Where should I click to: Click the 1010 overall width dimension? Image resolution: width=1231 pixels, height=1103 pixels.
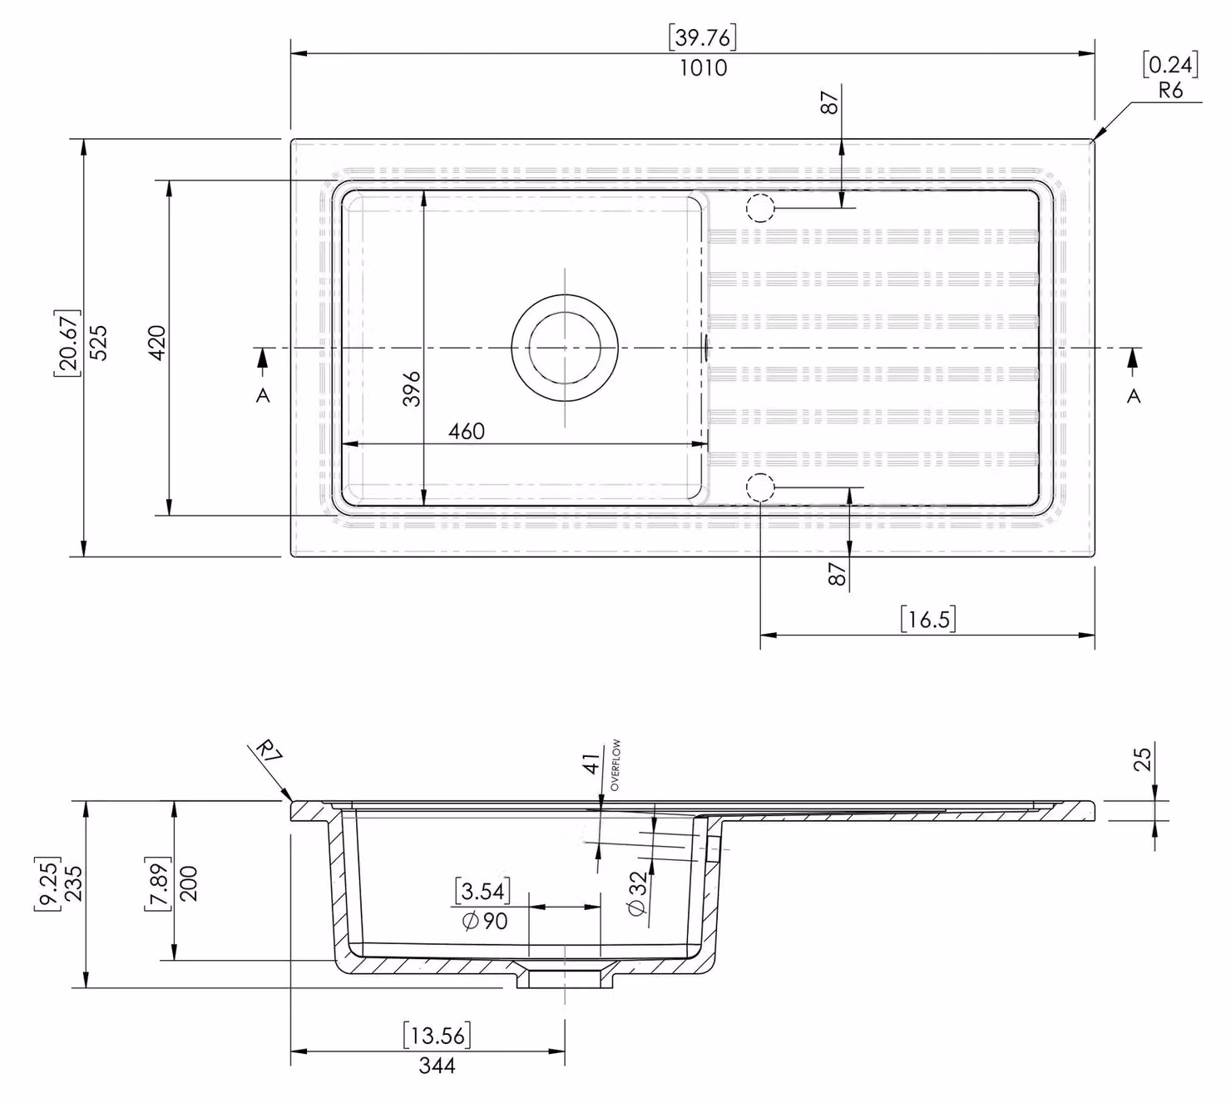pyautogui.click(x=703, y=67)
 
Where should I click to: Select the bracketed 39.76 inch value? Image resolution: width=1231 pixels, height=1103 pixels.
pyautogui.click(x=702, y=37)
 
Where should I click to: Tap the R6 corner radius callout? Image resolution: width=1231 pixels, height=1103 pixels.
pyautogui.click(x=1170, y=91)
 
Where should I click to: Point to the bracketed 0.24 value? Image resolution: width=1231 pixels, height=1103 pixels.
pyautogui.click(x=1170, y=64)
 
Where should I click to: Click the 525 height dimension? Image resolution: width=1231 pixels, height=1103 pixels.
pyautogui.click(x=98, y=343)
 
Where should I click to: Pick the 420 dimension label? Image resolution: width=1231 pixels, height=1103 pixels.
pyautogui.click(x=156, y=343)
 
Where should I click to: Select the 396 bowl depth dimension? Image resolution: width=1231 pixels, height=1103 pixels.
pyautogui.click(x=412, y=388)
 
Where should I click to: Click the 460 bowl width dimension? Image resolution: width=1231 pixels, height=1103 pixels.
pyautogui.click(x=467, y=432)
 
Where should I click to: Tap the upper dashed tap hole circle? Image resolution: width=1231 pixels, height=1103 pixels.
pyautogui.click(x=760, y=195)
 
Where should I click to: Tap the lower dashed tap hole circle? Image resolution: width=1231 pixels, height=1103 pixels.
pyautogui.click(x=760, y=474)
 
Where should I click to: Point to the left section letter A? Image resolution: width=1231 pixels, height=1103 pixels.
pyautogui.click(x=263, y=396)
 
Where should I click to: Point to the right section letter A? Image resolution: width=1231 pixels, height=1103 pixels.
pyautogui.click(x=1133, y=396)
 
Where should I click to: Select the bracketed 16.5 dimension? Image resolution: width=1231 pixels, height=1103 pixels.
pyautogui.click(x=927, y=619)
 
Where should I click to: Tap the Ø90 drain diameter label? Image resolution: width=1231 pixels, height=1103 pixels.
pyautogui.click(x=484, y=922)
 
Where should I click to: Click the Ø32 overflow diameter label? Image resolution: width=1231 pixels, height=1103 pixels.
pyautogui.click(x=636, y=893)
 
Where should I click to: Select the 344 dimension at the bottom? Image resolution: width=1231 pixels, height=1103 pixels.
pyautogui.click(x=437, y=1066)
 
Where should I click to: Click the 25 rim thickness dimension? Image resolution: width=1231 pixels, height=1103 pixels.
pyautogui.click(x=1142, y=759)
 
